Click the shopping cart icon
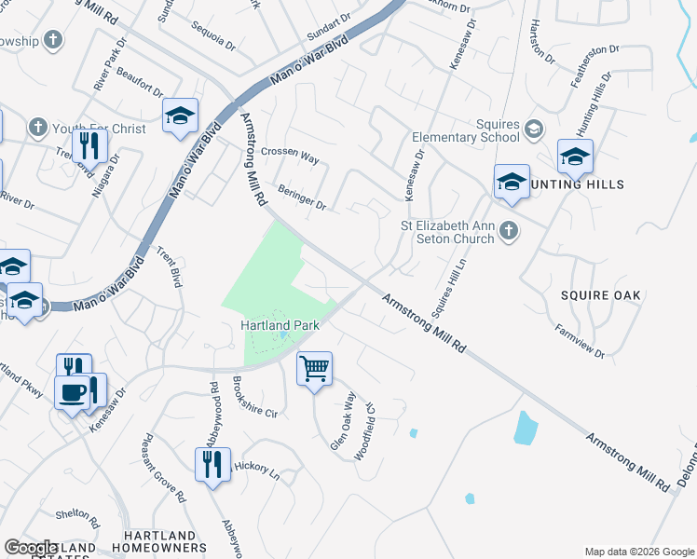click(x=315, y=369)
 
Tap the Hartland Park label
click(x=280, y=325)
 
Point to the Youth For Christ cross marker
click(x=38, y=127)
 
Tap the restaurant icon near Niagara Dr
click(x=89, y=144)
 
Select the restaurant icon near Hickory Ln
click(x=212, y=463)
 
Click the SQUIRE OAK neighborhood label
click(x=601, y=295)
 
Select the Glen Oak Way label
click(x=344, y=421)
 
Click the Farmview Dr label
click(x=580, y=341)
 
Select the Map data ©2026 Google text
click(x=639, y=552)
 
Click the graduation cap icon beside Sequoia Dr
click(x=180, y=116)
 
